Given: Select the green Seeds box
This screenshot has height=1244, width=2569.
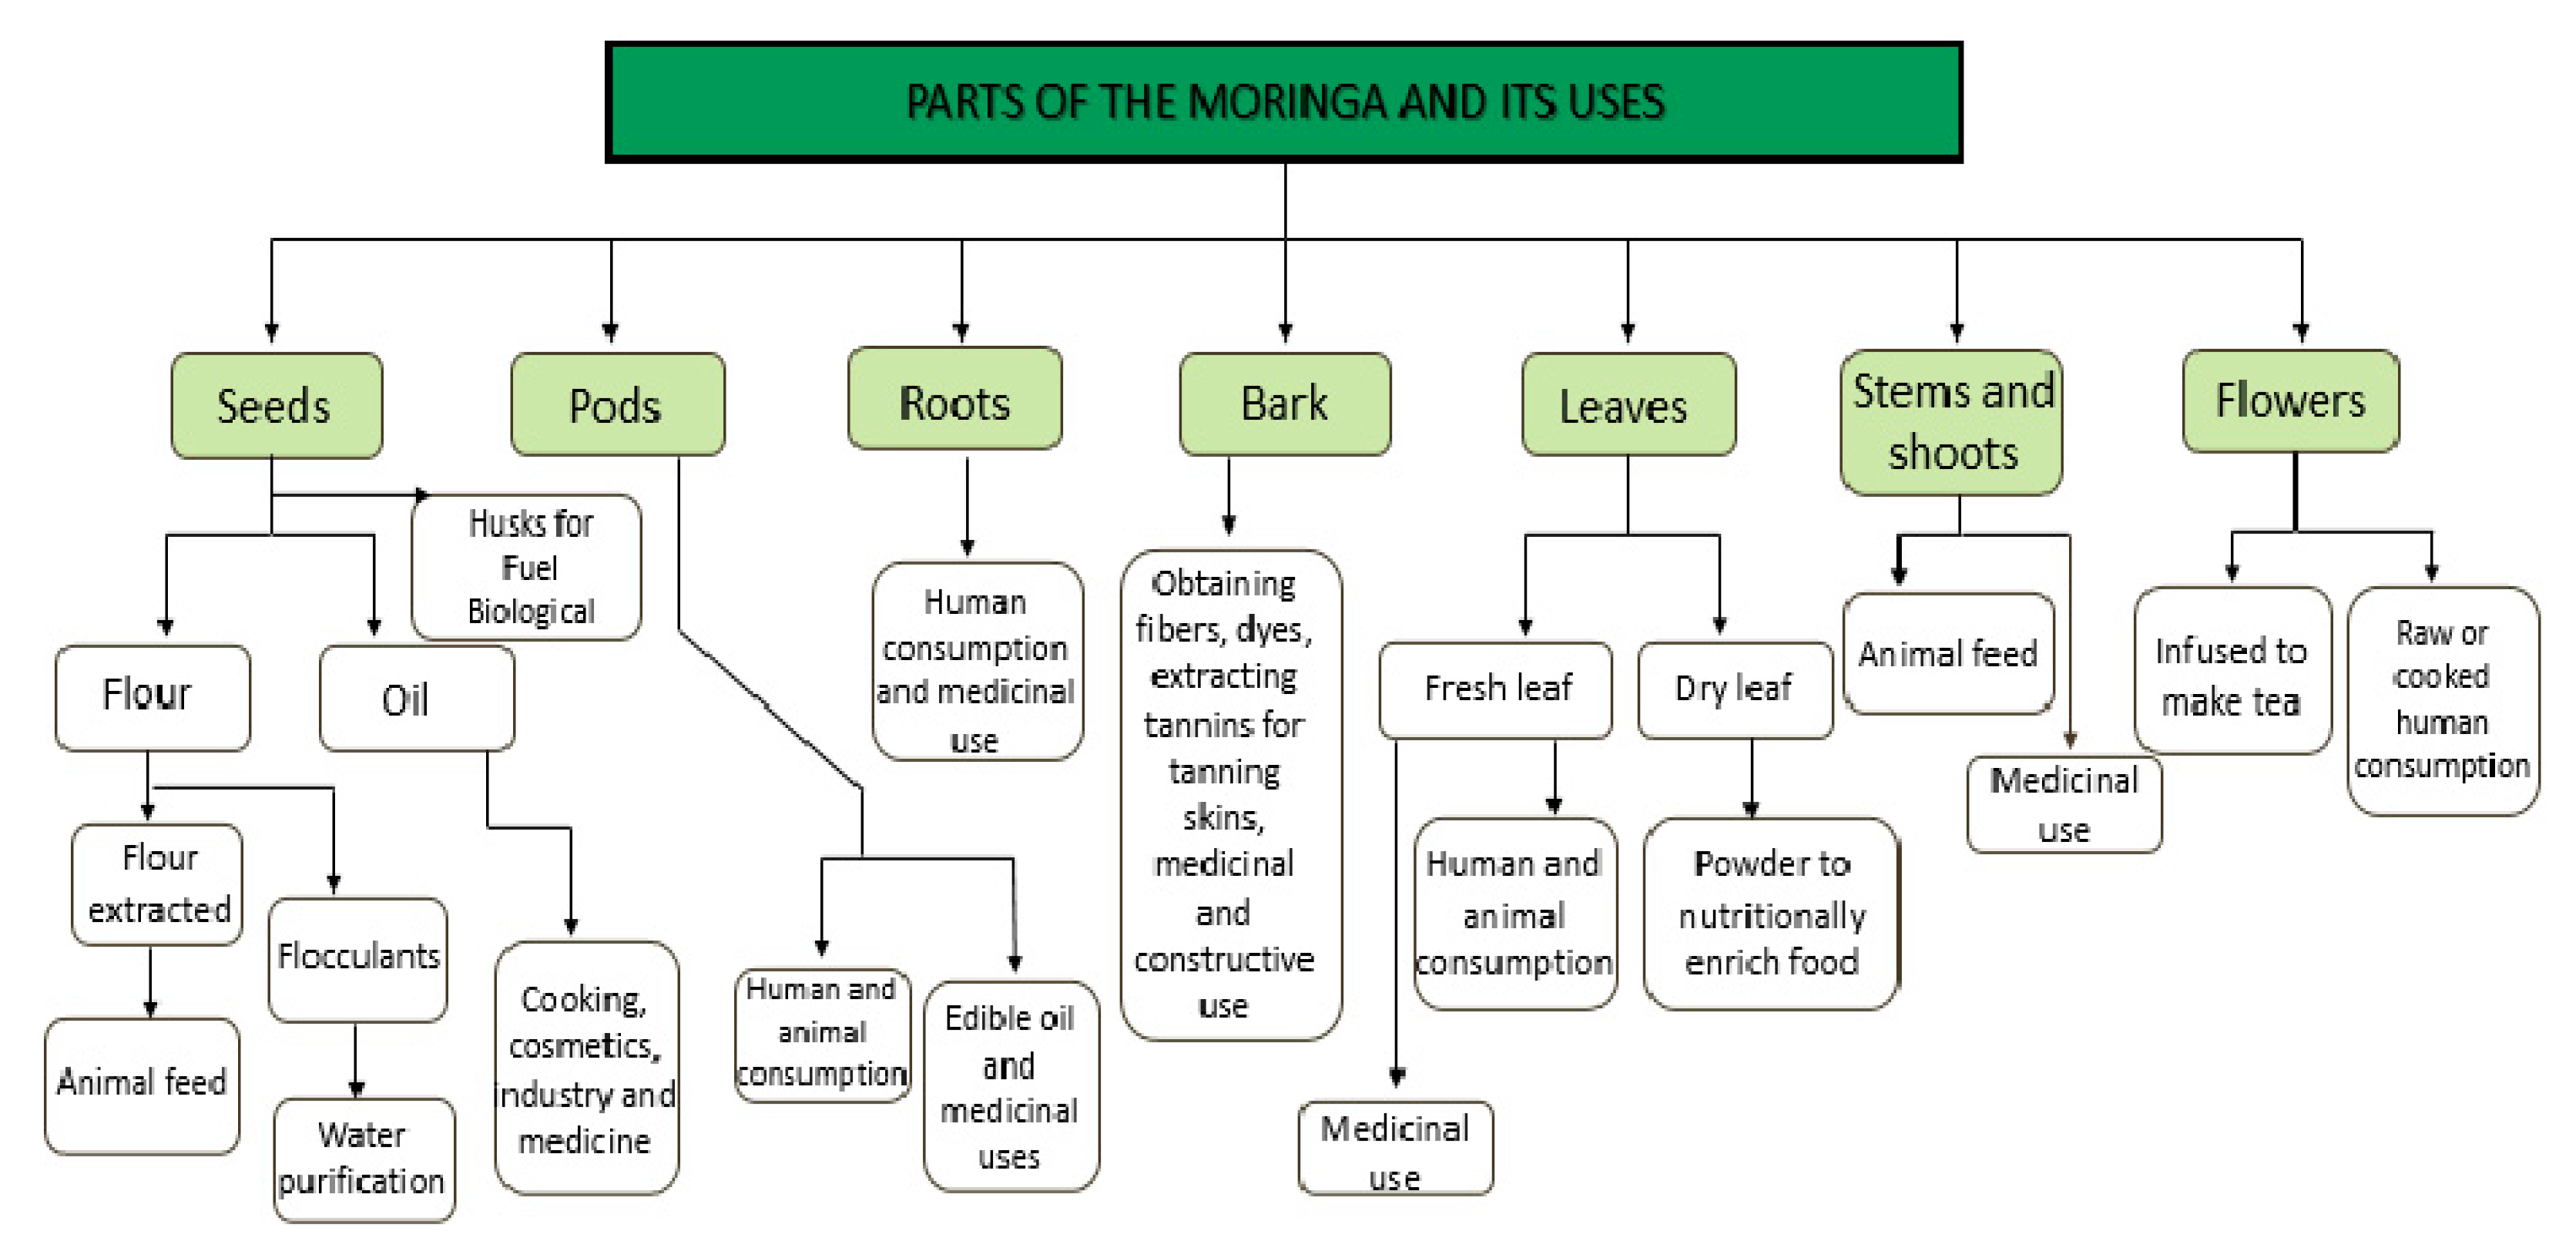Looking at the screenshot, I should (277, 405).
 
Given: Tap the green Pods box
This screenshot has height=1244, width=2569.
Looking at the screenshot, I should (616, 404).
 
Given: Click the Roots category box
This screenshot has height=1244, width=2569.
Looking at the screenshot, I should (954, 399).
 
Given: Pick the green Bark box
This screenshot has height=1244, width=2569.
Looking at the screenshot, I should (1285, 403).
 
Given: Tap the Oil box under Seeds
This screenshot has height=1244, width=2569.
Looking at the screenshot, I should (416, 699).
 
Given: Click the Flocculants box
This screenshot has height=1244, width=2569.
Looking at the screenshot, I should (358, 957).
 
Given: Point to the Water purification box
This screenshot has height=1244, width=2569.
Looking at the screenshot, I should (363, 1159).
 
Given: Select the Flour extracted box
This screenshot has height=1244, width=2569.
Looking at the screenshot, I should (158, 884).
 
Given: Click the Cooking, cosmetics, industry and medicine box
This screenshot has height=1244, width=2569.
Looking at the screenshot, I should (585, 1068).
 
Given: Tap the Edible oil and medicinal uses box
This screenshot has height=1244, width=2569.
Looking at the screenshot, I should (1010, 1085).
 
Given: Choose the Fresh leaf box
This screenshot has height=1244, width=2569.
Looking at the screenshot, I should (1495, 689).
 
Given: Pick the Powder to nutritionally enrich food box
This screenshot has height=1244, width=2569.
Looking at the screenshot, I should (1770, 913).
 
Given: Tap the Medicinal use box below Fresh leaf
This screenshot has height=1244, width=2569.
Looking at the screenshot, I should (1394, 1148).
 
